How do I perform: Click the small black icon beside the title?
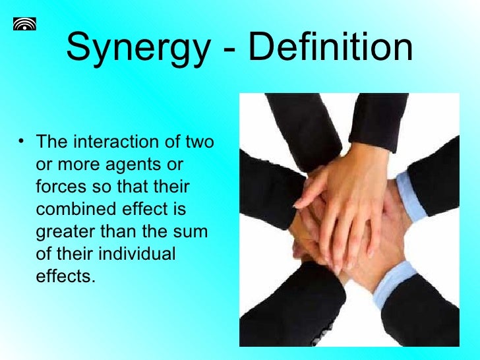point(24,24)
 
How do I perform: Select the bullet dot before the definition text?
point(22,140)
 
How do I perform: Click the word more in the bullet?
point(78,164)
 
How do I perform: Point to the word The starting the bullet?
point(53,142)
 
